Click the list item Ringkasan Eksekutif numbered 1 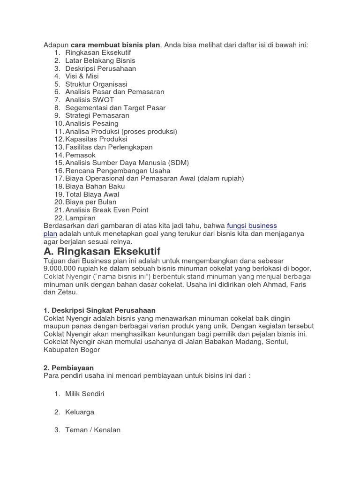point(98,52)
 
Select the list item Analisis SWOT point(90,100)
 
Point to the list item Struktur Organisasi point(96,84)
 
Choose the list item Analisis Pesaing point(92,123)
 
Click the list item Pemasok point(80,155)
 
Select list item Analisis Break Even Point point(106,210)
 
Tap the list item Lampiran point(80,218)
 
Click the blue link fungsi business point(252,225)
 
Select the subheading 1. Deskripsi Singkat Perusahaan point(99,310)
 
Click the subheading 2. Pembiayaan point(69,368)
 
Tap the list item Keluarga point(80,412)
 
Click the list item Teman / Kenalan point(93,430)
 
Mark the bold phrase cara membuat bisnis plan point(115,45)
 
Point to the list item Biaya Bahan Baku point(95,186)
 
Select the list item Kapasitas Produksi point(96,139)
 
